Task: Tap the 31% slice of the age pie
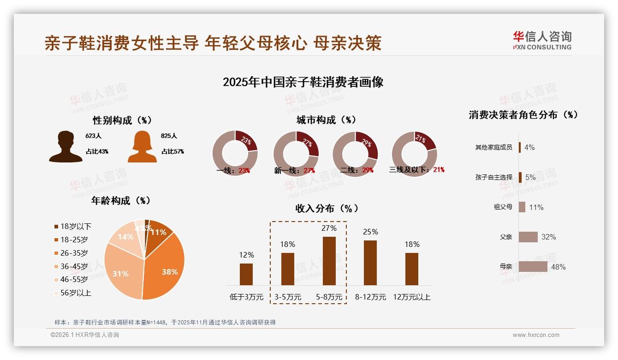coord(121,272)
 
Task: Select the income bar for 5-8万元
coord(329,261)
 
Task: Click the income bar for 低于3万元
coord(246,274)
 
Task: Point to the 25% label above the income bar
coord(370,232)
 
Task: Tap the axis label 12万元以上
coord(412,297)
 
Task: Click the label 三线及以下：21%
coord(417,170)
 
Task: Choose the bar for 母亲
coord(533,267)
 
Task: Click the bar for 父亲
coord(528,237)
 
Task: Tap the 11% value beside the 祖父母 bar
coord(536,207)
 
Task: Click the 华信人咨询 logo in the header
coord(542,40)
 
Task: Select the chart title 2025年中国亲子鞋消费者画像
coord(303,82)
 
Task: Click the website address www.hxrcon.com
coord(536,335)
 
